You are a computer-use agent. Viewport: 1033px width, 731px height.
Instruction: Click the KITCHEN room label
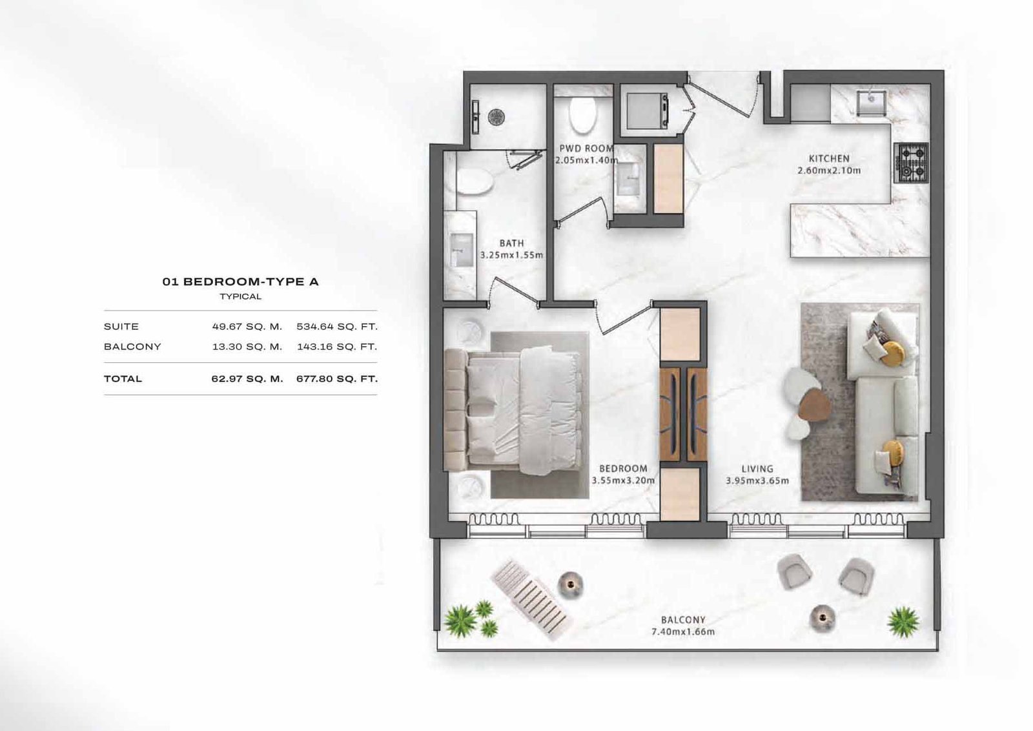point(829,159)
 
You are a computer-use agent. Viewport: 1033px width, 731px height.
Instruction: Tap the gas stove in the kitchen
point(911,163)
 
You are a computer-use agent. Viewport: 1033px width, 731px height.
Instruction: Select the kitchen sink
point(871,103)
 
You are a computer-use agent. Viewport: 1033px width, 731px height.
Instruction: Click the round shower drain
point(496,117)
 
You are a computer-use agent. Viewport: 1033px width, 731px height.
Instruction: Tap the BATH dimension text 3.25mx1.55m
point(511,255)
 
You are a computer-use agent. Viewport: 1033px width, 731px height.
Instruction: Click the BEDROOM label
point(622,469)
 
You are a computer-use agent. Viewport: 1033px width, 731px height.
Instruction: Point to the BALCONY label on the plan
point(683,621)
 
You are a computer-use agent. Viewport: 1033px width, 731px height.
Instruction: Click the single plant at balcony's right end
point(903,622)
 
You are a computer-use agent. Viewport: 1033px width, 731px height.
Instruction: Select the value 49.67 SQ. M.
point(247,327)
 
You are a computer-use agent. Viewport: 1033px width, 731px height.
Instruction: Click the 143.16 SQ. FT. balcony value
point(337,347)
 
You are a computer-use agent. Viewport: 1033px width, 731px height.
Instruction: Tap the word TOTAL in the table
point(123,379)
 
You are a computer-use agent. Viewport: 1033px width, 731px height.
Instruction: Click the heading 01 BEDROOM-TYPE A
point(241,282)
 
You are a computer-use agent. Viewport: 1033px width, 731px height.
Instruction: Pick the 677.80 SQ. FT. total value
point(337,379)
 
